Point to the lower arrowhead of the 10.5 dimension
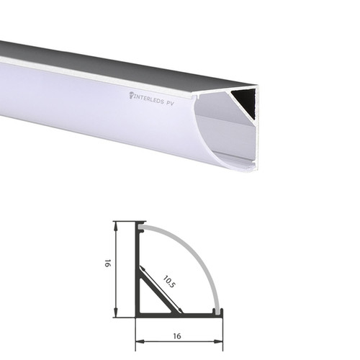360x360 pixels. tap(181, 311)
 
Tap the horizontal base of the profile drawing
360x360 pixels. tap(180, 315)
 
